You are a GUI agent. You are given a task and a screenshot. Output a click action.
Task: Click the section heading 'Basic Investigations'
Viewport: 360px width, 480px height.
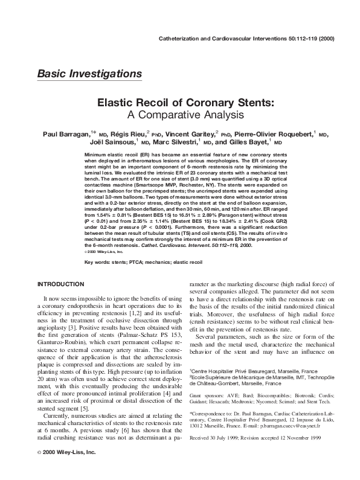(89, 74)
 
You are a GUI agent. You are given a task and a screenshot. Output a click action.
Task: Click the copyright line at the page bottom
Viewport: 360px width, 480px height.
(66, 469)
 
